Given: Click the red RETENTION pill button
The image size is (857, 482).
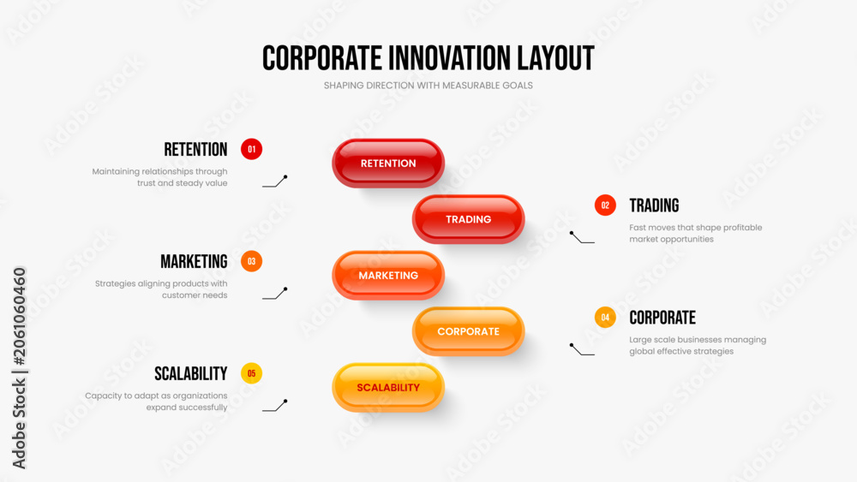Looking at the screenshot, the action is point(388,164).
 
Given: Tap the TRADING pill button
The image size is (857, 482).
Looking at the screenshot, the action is point(469,219).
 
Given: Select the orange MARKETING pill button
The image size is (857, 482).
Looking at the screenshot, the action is point(388,276).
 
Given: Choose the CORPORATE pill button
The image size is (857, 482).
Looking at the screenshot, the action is point(469,331).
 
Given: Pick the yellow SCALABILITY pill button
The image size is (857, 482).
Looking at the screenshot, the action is point(388,388).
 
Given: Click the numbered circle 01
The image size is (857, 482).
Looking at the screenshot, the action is point(251,149).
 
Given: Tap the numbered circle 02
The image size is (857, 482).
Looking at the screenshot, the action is point(605,205).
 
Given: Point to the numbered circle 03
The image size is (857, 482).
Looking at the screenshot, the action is point(251,261).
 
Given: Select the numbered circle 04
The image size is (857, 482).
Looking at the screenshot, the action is point(605,317).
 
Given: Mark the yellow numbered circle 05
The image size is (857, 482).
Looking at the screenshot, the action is point(251,373).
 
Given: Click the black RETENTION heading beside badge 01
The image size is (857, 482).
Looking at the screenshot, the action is point(195,150).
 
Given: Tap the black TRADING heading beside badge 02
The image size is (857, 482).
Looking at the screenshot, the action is point(654,205).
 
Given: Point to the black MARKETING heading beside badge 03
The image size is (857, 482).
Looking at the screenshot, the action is point(194,262).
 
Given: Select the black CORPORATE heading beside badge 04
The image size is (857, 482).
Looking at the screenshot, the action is point(662,318).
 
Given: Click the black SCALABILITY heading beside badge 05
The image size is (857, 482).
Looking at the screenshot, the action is point(191,374).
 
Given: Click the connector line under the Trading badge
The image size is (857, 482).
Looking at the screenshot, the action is point(582,238).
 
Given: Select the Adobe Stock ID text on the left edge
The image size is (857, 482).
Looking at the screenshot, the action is point(19,368).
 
